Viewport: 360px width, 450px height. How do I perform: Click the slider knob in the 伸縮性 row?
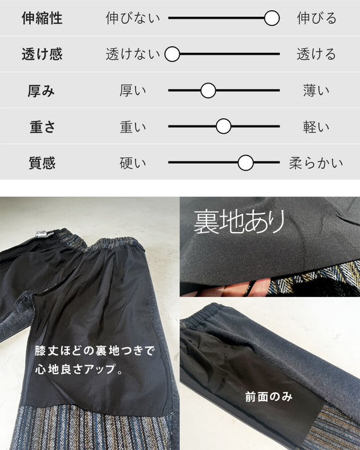click(x=271, y=18)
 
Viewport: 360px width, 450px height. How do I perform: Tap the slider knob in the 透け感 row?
click(x=172, y=54)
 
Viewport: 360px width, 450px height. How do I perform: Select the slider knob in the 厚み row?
click(x=208, y=91)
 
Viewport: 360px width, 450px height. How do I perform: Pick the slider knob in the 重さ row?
click(x=223, y=126)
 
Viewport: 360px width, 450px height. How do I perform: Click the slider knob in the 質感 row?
click(x=246, y=163)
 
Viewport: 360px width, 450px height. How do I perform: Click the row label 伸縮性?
click(x=42, y=18)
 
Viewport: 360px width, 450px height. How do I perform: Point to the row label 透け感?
click(x=42, y=54)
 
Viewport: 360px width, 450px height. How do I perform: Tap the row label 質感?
click(x=42, y=163)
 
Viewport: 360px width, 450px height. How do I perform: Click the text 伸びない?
click(x=132, y=18)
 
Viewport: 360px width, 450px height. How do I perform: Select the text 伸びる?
click(x=316, y=18)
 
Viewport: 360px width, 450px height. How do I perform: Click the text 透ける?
click(x=316, y=54)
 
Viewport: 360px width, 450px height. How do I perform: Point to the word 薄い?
click(x=316, y=91)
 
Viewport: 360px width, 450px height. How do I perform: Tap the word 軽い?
click(x=316, y=127)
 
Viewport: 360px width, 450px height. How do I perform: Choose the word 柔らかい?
click(x=316, y=163)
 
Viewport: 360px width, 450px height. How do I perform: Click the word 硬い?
click(x=132, y=163)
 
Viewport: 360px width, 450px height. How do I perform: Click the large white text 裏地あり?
click(x=239, y=222)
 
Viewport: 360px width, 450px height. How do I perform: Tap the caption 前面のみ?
click(x=269, y=397)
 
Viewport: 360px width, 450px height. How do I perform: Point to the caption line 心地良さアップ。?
click(x=80, y=369)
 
